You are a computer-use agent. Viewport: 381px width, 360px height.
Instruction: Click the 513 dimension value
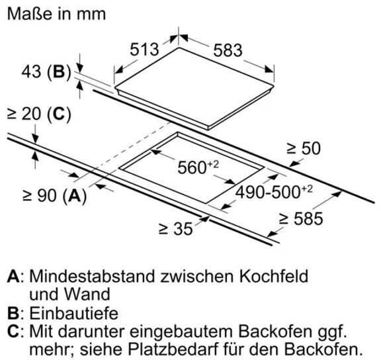coord(144,50)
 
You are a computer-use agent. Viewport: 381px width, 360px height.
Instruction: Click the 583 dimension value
coord(228,50)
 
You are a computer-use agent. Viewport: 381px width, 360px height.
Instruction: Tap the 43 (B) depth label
coord(46,71)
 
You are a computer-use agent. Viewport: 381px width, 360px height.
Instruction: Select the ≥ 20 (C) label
coord(39,114)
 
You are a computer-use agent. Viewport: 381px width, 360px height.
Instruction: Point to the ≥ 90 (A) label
coord(54,195)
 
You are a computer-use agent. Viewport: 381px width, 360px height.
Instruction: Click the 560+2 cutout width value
coord(198,167)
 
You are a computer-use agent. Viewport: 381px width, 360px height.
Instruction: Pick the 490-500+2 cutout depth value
coord(274,192)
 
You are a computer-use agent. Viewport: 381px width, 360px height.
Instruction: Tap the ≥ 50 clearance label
coord(304,148)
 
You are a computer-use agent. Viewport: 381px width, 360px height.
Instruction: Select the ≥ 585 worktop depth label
coord(301,218)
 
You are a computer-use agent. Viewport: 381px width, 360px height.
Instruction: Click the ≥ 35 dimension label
coord(176,228)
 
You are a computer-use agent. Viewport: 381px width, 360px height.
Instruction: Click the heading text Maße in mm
coord(57,14)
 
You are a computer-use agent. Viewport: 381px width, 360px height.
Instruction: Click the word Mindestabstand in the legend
coord(92,276)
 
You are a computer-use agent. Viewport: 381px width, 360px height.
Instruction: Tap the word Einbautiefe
coord(74,313)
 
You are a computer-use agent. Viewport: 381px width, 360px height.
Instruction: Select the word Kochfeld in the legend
coord(274,276)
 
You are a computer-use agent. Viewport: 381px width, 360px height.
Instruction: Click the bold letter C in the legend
coord(13,331)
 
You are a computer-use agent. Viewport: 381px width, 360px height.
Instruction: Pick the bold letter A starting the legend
coord(13,276)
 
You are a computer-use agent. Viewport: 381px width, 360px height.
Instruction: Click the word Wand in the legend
coord(87,294)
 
